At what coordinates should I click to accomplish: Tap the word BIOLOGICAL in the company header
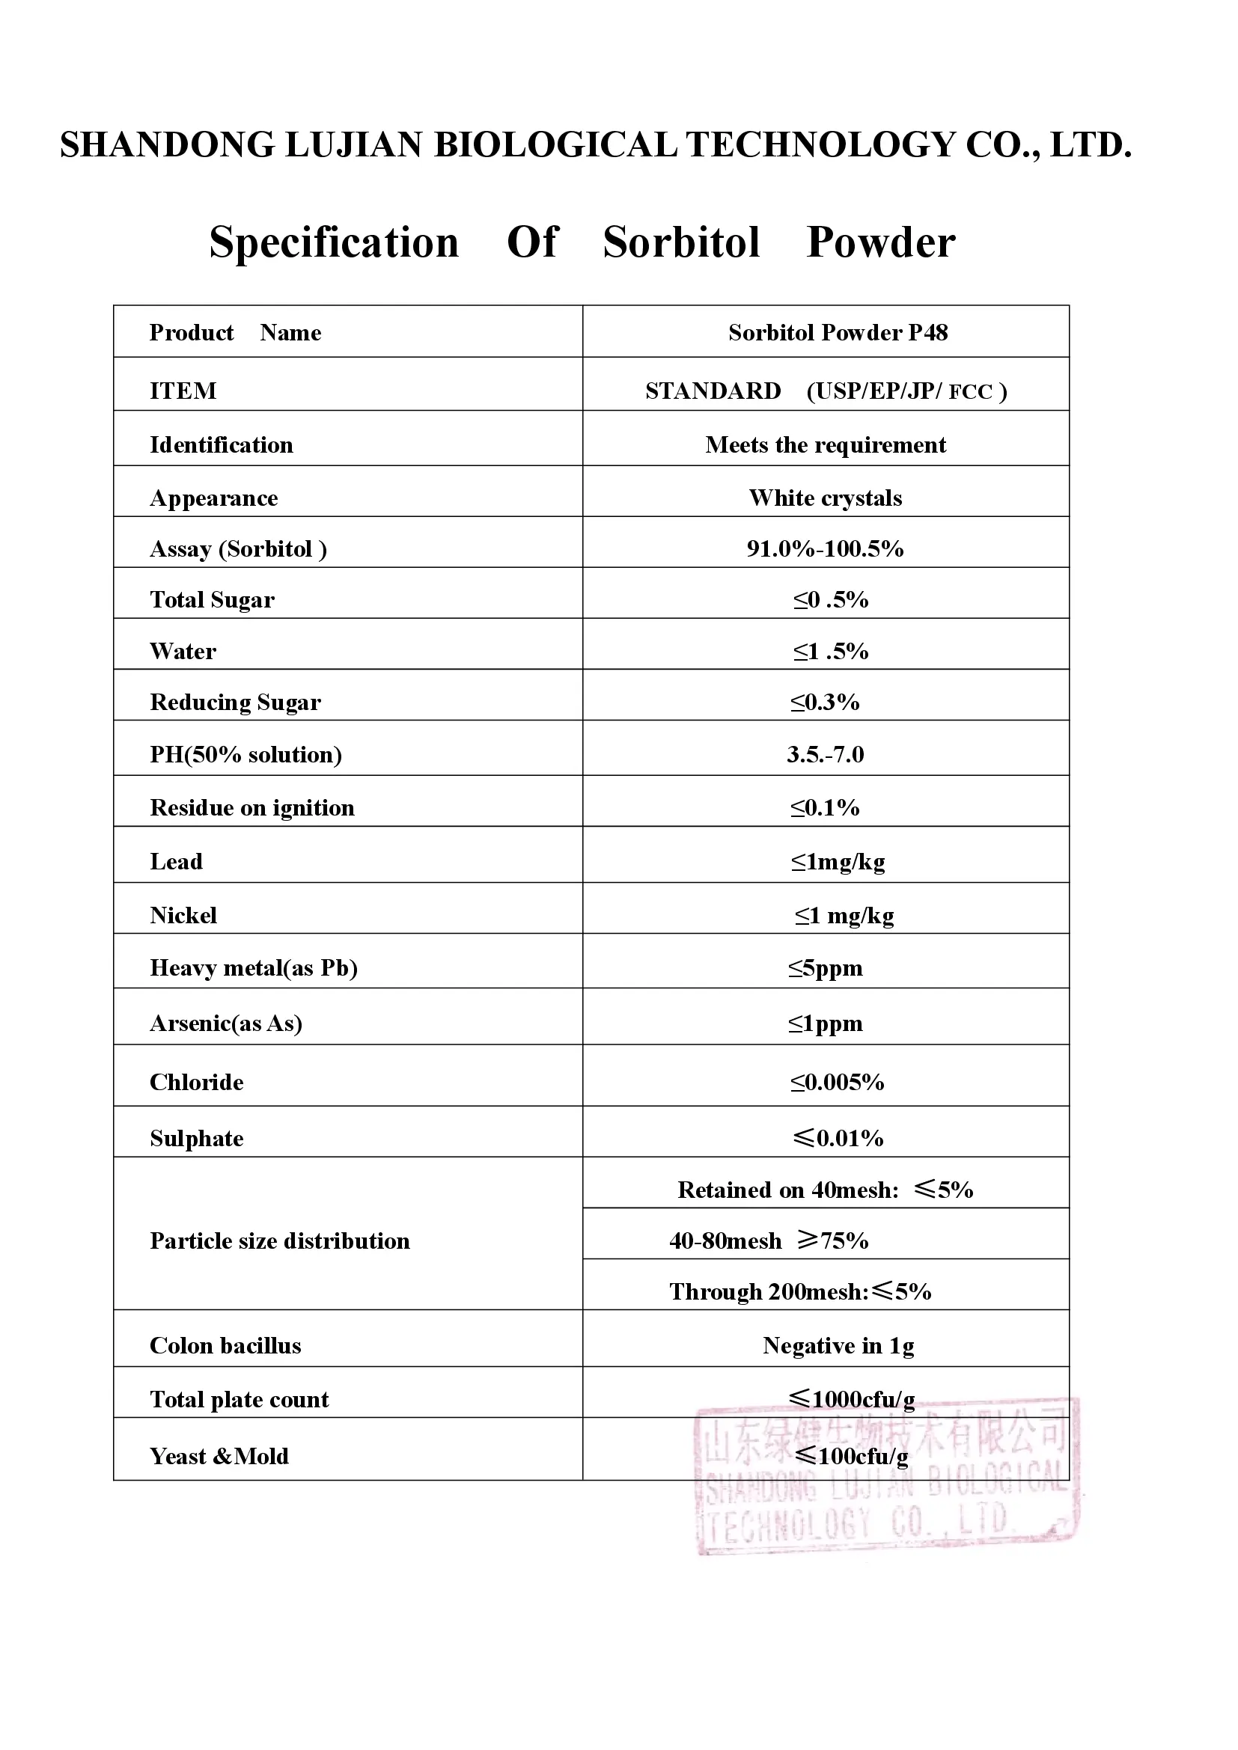(555, 145)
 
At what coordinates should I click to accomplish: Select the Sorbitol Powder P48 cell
(837, 333)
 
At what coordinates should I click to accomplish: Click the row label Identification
(221, 445)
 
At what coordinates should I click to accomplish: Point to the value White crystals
(825, 498)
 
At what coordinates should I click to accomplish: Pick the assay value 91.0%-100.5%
(825, 548)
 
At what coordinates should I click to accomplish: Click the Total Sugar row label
(212, 600)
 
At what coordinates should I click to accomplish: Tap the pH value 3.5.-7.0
(825, 755)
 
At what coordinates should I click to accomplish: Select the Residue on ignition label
(251, 808)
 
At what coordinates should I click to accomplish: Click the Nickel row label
(183, 915)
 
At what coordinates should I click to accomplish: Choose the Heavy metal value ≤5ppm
(825, 968)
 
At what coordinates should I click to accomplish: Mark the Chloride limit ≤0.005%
(836, 1083)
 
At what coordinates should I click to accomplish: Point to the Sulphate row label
(197, 1139)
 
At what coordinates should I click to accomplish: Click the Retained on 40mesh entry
(825, 1190)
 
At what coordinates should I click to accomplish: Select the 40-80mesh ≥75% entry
(769, 1240)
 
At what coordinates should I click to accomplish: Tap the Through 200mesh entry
(799, 1292)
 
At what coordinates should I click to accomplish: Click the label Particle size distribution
(279, 1240)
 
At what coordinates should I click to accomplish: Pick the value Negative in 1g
(838, 1346)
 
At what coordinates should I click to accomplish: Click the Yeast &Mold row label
(219, 1457)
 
